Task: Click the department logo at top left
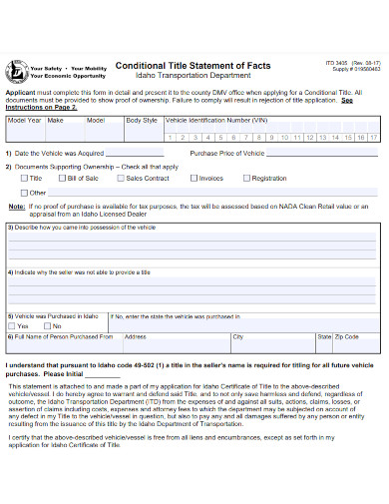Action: click(x=17, y=70)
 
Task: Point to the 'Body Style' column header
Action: click(x=141, y=120)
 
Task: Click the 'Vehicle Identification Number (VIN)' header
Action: click(x=216, y=120)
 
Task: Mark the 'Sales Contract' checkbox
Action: click(x=121, y=178)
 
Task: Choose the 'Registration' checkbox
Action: click(x=246, y=178)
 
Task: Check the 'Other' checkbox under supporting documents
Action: click(x=26, y=192)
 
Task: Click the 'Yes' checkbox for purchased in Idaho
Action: click(x=14, y=325)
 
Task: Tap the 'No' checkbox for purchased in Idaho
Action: click(x=47, y=325)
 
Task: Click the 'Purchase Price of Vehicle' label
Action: click(x=227, y=153)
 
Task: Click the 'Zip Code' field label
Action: click(x=347, y=337)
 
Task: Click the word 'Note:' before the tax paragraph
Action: click(x=17, y=206)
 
